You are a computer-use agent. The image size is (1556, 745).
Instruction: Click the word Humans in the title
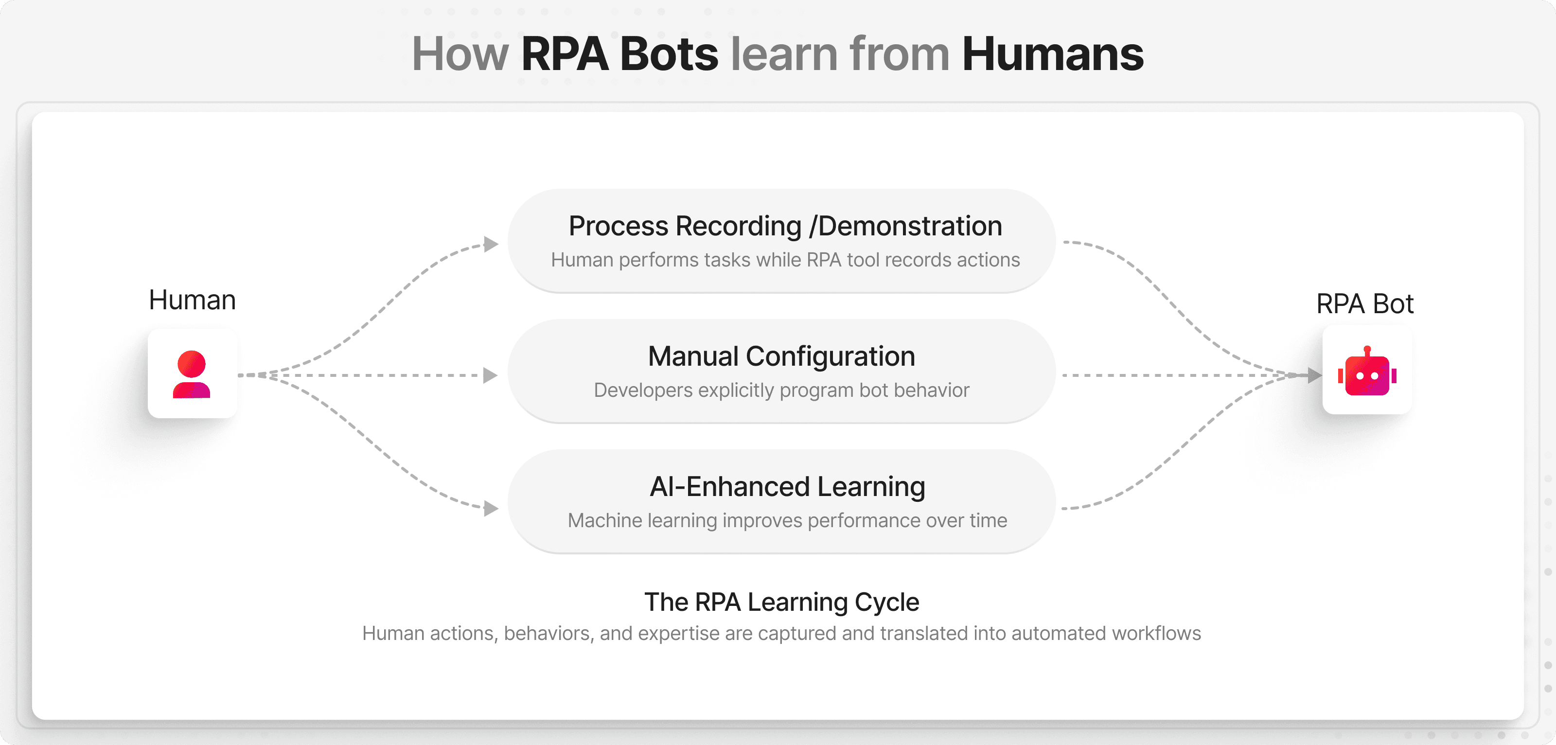tap(1052, 54)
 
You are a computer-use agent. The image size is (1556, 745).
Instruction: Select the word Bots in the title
tap(669, 54)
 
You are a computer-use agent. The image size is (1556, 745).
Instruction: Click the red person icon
tap(192, 374)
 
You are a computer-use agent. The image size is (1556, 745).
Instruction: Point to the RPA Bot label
tap(1364, 303)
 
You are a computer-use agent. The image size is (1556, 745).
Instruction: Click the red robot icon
tap(1367, 372)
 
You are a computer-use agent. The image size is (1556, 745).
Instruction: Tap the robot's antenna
tap(1367, 351)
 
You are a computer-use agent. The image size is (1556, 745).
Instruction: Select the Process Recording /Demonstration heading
tap(785, 226)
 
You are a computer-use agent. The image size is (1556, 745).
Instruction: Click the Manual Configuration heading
tap(781, 356)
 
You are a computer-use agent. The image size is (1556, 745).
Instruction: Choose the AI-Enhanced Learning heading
tap(787, 487)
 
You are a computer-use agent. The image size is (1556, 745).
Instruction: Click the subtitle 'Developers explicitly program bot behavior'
tap(781, 390)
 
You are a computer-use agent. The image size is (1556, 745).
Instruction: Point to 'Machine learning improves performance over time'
tap(787, 520)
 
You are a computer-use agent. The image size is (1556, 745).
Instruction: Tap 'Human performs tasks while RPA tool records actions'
tap(785, 260)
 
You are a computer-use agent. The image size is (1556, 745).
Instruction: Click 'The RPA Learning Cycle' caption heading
tap(781, 602)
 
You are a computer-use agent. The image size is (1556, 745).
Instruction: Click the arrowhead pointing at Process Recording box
tap(491, 244)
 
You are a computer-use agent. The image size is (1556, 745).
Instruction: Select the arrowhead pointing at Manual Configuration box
tap(491, 375)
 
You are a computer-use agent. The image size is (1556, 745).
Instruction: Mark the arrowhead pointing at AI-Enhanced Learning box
tap(491, 509)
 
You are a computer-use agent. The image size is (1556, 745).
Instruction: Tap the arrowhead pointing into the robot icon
tap(1314, 375)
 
